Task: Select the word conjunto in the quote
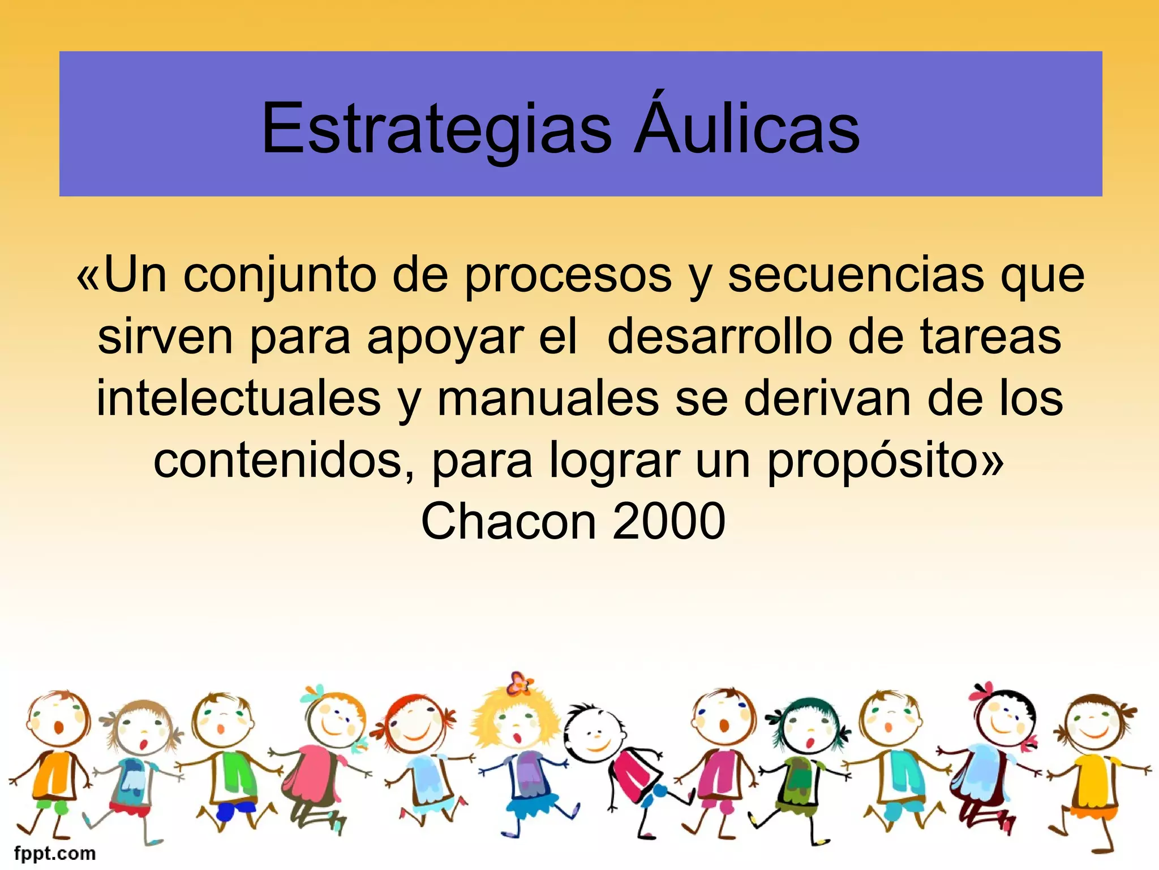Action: (x=280, y=276)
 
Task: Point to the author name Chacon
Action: (x=508, y=521)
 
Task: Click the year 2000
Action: (x=668, y=521)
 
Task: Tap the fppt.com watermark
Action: (x=55, y=853)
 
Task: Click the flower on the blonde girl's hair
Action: (x=520, y=683)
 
